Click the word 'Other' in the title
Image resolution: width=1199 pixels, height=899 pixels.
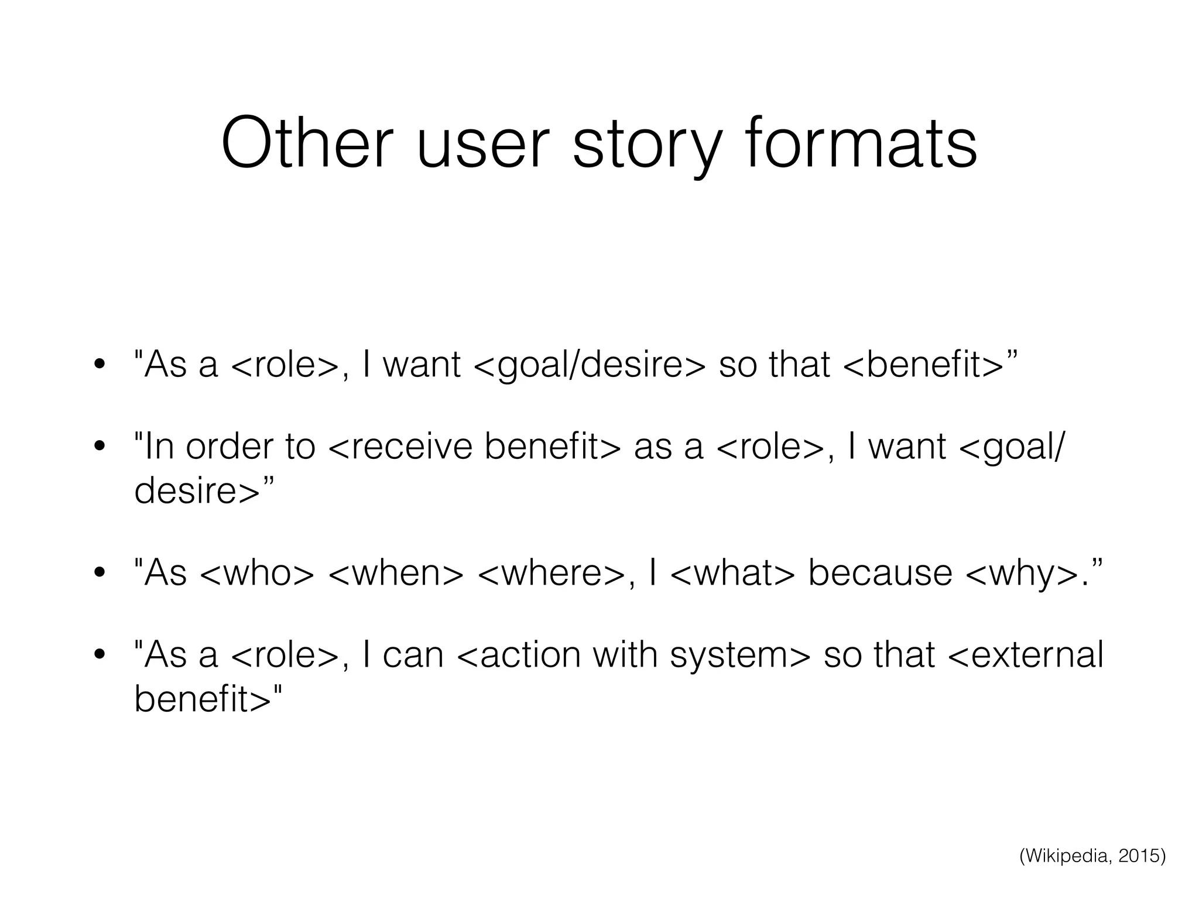tap(304, 143)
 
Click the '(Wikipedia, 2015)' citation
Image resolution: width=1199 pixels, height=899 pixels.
tap(1092, 856)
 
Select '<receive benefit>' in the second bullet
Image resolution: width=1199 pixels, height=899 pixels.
tap(475, 447)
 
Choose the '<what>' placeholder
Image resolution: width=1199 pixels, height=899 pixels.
tap(732, 572)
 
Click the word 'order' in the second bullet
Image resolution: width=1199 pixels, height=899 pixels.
tap(230, 447)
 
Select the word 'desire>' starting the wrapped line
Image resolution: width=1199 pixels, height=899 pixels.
tap(197, 490)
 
